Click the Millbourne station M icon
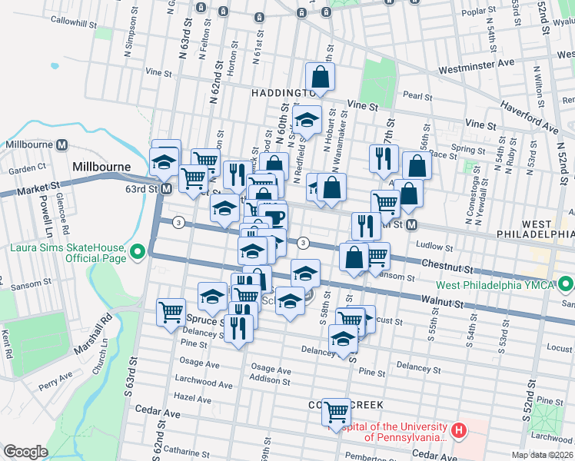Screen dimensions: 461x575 coord(61,144)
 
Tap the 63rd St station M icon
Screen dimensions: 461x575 coord(166,188)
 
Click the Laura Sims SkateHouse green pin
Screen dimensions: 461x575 coord(138,251)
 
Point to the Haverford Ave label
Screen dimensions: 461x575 coord(529,114)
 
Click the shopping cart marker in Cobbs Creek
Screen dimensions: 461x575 coord(336,413)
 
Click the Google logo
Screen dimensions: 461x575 coord(25,451)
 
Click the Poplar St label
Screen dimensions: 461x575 coord(478,12)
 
